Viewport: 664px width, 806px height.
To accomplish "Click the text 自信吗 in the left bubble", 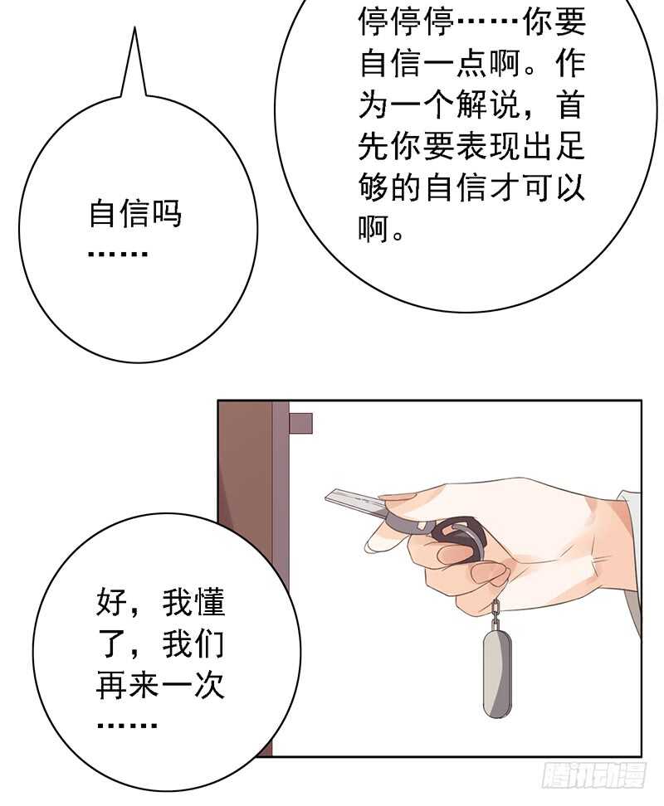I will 134,215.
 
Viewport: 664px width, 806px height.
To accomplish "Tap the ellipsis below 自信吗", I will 117,252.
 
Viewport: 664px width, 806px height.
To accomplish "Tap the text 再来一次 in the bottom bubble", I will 161,687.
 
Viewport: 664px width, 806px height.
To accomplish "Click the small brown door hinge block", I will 300,423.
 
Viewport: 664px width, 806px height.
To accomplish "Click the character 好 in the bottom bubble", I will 112,603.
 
